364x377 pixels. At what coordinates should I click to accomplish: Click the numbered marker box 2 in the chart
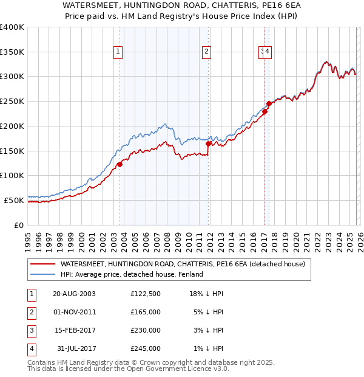point(206,52)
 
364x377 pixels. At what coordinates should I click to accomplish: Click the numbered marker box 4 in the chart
point(268,52)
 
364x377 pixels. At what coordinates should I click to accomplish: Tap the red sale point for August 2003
point(120,164)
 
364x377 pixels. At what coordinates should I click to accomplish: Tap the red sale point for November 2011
point(208,144)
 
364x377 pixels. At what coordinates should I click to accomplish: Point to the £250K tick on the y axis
point(13,102)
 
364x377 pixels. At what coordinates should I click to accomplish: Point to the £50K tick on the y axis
point(15,200)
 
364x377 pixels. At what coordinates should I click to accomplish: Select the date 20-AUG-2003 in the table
point(74,294)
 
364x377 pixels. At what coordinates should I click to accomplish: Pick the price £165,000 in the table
point(146,312)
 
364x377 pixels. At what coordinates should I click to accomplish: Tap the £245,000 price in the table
point(146,348)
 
